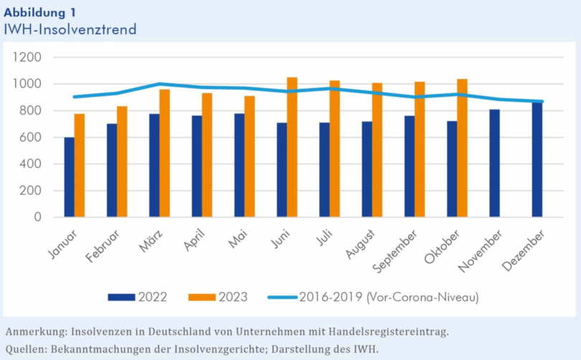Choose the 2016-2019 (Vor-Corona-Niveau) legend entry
[372, 297]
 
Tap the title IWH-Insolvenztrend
[70, 29]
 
